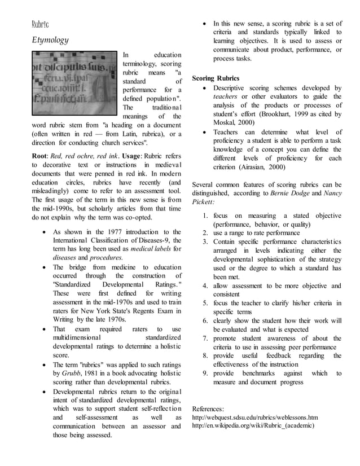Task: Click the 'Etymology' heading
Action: (50, 40)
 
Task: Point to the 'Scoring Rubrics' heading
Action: (216, 77)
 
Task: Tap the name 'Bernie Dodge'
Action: (290, 192)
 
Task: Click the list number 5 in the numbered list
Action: (206, 303)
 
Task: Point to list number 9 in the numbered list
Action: (206, 373)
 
